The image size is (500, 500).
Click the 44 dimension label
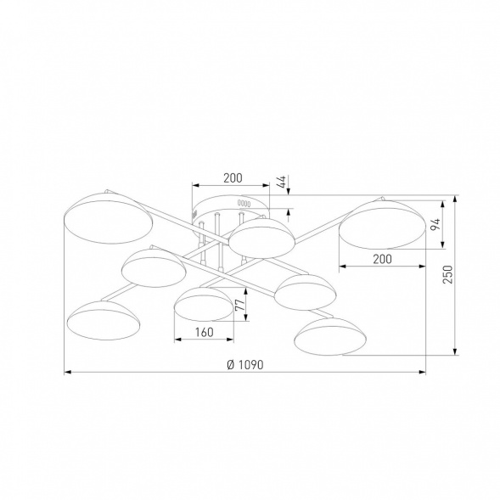(281, 182)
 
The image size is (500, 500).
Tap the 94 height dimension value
(435, 224)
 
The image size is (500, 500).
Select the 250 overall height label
(447, 274)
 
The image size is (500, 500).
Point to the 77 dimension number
(240, 305)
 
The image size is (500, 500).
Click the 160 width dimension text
(204, 332)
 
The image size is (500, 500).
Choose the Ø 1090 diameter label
(245, 364)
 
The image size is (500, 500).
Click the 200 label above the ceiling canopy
(233, 178)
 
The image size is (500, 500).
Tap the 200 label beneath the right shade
(382, 259)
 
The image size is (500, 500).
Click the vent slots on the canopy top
(244, 203)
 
